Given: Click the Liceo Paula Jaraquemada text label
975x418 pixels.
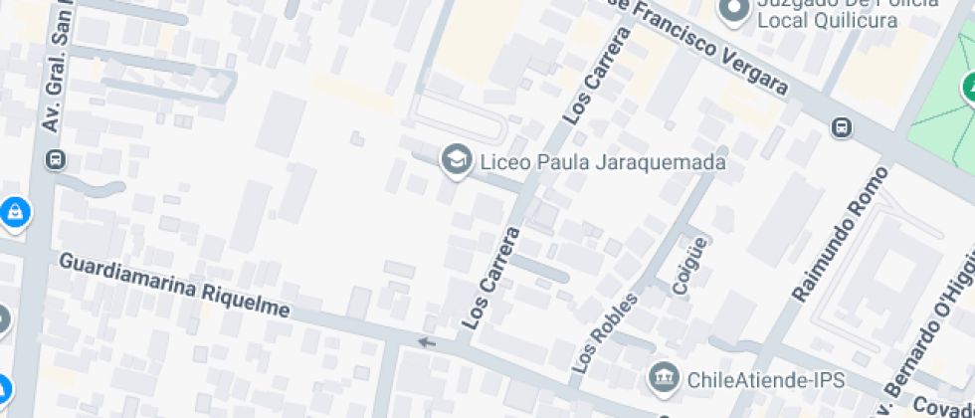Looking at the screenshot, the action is click(602, 161).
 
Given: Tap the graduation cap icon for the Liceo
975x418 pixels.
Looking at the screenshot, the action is click(457, 159).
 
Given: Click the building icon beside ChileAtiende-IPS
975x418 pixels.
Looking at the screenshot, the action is click(662, 377).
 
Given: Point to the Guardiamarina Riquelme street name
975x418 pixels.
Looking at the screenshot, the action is click(174, 285).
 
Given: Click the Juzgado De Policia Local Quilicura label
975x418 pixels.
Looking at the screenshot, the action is click(846, 12).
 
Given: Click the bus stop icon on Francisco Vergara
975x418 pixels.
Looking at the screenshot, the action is click(842, 126).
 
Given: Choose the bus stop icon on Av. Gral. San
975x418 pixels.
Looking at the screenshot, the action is click(57, 159).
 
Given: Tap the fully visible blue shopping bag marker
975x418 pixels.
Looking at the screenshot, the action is click(14, 211).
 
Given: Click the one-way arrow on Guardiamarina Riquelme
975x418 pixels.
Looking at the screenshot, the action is click(427, 343).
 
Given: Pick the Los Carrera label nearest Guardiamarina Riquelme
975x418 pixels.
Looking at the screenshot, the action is click(491, 280).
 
